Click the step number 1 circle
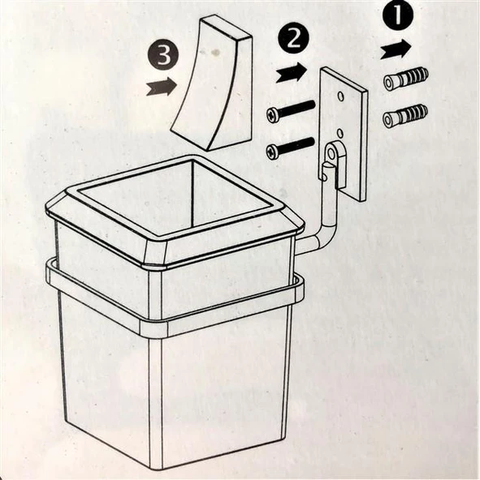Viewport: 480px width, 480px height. click(x=397, y=15)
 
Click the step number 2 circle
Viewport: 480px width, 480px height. click(x=293, y=40)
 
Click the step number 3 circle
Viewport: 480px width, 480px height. click(x=163, y=56)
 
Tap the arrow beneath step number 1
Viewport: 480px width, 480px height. click(x=396, y=49)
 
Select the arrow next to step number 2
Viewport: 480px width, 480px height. click(x=292, y=73)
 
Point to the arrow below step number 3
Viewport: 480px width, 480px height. click(x=162, y=86)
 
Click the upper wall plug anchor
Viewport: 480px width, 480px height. click(x=405, y=79)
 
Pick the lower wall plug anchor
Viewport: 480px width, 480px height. click(x=404, y=116)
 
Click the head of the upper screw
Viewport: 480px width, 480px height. click(x=272, y=115)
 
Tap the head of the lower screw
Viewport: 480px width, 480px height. click(x=272, y=152)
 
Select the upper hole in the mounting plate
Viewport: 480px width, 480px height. click(x=339, y=96)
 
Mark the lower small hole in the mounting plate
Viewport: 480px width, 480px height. click(x=339, y=133)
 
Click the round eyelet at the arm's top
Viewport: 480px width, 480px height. click(x=332, y=152)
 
